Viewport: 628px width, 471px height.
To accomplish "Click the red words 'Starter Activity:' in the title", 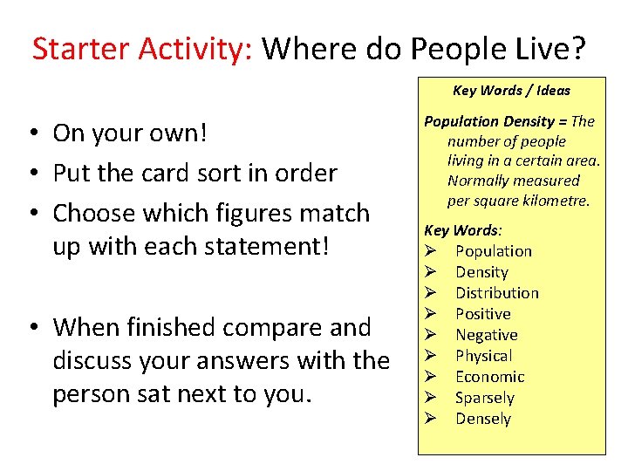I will click(142, 50).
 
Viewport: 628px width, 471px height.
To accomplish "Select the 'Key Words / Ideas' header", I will click(511, 91).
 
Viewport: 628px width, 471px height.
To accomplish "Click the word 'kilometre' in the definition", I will click(555, 201).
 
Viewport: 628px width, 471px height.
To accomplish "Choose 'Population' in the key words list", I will click(493, 251).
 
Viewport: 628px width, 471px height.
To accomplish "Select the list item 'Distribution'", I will click(496, 293).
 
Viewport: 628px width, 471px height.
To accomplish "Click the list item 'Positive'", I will click(482, 314).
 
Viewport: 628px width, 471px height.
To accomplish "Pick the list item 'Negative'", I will click(486, 335).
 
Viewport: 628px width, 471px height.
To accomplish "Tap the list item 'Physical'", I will click(483, 356).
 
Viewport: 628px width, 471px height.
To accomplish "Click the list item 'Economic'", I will click(489, 377).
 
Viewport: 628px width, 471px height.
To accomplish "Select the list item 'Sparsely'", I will click(484, 398).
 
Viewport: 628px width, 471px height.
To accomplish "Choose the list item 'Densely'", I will click(482, 419).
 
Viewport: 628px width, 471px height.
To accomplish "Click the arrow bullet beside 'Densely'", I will click(430, 419).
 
